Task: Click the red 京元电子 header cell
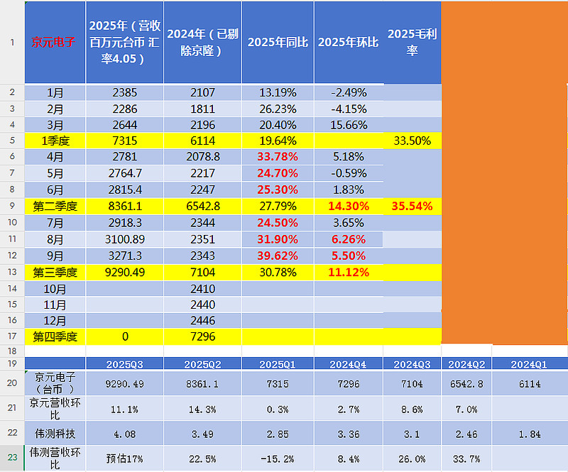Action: [55, 42]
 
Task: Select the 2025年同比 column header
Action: [278, 43]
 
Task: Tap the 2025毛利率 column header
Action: [412, 43]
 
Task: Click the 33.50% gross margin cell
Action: [412, 141]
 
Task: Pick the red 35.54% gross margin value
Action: [412, 206]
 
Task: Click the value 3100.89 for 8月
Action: [124, 239]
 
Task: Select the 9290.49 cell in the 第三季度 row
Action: [124, 272]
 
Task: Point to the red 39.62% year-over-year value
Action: [278, 256]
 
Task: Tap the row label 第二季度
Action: [55, 206]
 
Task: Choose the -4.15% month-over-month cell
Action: [349, 109]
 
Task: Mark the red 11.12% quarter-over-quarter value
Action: [349, 272]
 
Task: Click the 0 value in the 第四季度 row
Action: [124, 336]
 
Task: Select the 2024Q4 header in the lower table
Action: [349, 363]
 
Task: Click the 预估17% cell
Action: [124, 457]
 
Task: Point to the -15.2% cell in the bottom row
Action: [278, 457]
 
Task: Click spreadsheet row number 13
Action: [12, 272]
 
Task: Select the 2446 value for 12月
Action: [202, 320]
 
